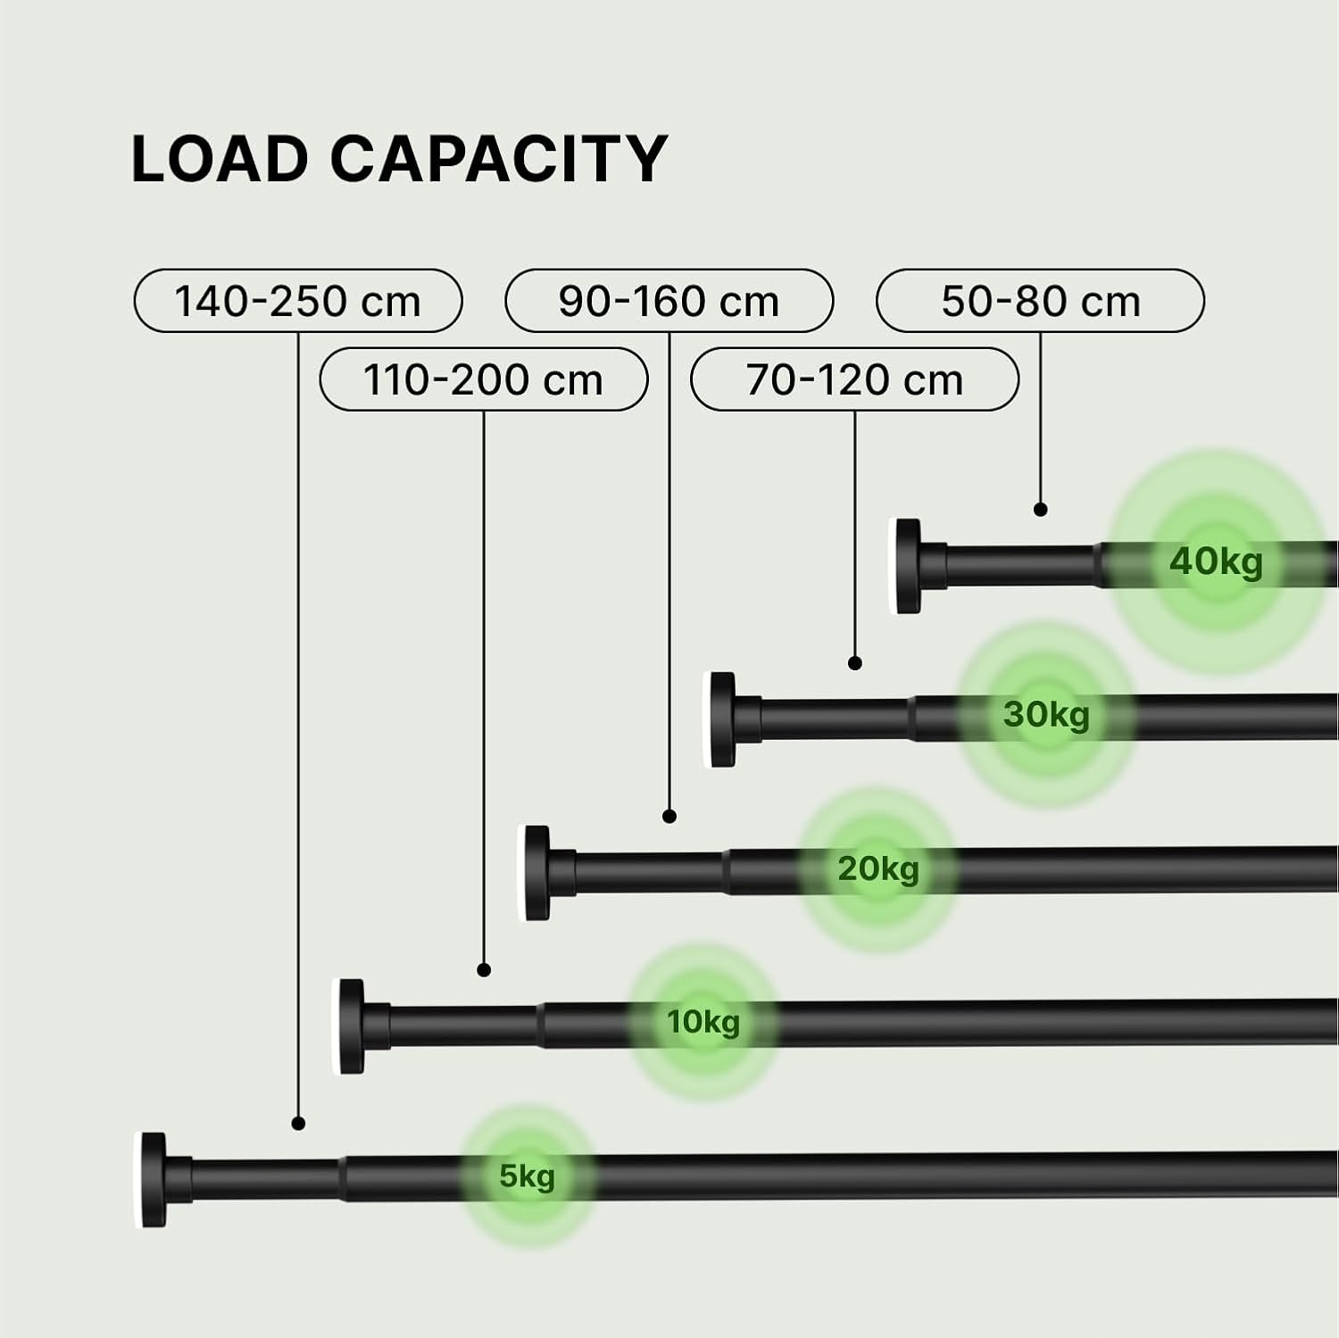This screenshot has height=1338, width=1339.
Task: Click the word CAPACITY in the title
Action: [x=499, y=159]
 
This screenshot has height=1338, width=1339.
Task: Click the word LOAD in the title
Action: [x=220, y=159]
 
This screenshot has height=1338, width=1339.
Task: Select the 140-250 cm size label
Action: [x=298, y=301]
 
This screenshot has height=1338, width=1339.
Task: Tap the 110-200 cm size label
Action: [x=484, y=379]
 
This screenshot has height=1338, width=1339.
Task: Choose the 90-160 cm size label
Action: [x=669, y=301]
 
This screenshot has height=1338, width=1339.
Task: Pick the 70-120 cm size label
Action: [x=855, y=379]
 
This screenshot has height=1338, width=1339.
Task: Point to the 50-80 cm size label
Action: [x=1041, y=301]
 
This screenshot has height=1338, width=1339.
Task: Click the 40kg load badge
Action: [x=1217, y=561]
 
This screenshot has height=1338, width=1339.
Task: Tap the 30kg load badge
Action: [x=1047, y=714]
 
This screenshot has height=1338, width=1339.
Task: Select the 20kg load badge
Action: [x=878, y=868]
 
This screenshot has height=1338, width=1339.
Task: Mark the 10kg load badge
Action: [x=703, y=1021]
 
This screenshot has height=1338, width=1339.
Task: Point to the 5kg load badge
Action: [x=528, y=1176]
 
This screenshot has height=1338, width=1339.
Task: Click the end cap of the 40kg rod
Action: [x=909, y=566]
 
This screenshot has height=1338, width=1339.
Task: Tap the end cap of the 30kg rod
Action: [x=722, y=719]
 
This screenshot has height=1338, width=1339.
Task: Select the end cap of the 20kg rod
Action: [x=536, y=873]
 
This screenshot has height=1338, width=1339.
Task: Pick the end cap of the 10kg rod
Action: [x=351, y=1026]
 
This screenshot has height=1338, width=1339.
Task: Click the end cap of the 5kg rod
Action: [x=153, y=1180]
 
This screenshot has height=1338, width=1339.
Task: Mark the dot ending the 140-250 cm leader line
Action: [x=298, y=1124]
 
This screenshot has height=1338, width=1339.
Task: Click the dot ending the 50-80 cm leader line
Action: [x=1041, y=510]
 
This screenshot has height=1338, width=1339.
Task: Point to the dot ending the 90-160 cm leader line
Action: [x=669, y=816]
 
